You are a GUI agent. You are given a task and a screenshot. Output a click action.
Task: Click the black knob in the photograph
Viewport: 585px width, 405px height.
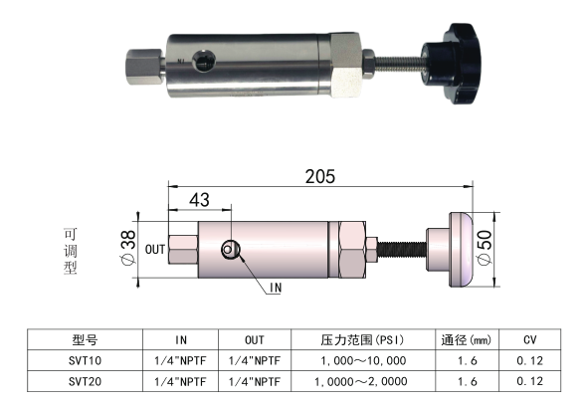coord(452,64)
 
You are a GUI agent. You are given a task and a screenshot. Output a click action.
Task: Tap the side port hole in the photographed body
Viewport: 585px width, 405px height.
coord(204,61)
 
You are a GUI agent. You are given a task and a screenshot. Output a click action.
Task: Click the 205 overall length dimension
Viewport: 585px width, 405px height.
coord(320,176)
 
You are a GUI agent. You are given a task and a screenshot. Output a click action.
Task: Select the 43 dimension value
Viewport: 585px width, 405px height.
coord(199,200)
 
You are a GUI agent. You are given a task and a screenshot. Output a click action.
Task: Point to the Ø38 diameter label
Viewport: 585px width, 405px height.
coord(128,247)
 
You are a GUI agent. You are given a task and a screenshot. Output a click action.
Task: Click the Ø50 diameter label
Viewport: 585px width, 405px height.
coord(485,248)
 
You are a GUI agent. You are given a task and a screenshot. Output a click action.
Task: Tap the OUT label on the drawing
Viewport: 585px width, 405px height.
coord(155,250)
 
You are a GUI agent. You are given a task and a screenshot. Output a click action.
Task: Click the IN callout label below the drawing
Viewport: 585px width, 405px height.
coord(276,288)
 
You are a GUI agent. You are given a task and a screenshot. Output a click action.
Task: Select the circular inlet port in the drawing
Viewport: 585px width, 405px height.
coord(230,249)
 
